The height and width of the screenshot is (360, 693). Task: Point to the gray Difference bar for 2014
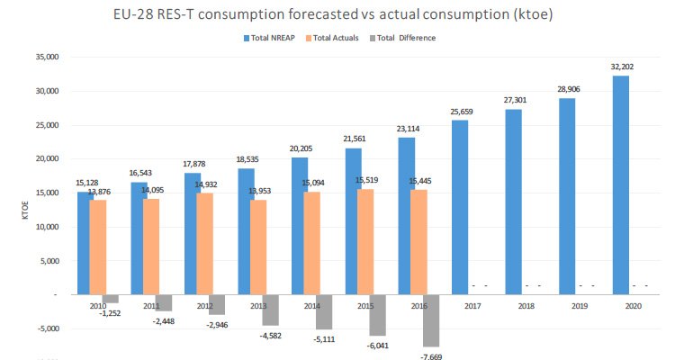(324, 311)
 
